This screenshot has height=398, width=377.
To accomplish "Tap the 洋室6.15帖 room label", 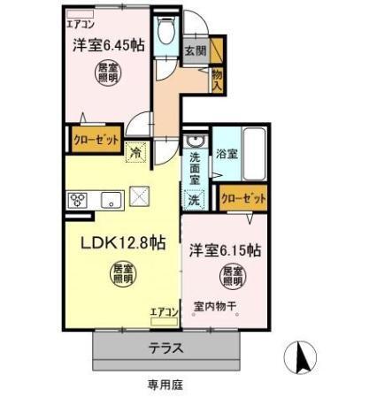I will click(x=224, y=250).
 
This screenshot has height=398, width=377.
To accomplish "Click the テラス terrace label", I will click(x=165, y=348).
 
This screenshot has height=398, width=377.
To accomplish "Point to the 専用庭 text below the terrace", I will click(x=165, y=385).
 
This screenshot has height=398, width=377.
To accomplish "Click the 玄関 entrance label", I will click(x=195, y=50).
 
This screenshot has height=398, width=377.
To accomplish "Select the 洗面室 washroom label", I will click(x=194, y=167).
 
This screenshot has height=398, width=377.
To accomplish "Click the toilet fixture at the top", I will click(x=165, y=32).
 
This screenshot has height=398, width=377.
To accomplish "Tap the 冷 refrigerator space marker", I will click(x=135, y=152).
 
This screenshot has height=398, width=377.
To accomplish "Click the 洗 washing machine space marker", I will click(x=194, y=200).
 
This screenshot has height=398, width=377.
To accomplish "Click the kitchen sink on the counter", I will click(x=112, y=198).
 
